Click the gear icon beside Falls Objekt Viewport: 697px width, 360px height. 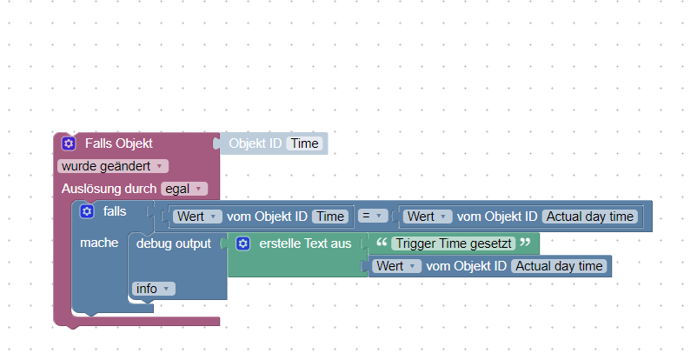69,143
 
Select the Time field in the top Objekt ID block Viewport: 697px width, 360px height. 305,143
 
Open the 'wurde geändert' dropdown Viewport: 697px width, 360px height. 112,165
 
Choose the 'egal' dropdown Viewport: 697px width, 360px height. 184,188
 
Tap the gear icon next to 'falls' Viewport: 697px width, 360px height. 87,211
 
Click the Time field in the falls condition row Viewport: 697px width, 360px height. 329,217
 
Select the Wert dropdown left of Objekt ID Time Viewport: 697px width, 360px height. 197,217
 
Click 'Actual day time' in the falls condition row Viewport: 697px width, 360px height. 590,217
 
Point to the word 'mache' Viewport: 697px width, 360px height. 99,243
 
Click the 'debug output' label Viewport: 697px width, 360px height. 174,243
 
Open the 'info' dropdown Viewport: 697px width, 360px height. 153,288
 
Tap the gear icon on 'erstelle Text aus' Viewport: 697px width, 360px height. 243,243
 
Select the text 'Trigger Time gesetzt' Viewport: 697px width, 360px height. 452,243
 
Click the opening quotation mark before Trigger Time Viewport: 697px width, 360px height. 381,242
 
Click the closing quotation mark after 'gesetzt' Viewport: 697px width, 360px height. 524,242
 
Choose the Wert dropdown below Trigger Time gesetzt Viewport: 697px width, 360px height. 397,266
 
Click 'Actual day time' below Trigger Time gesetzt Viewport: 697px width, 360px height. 559,266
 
